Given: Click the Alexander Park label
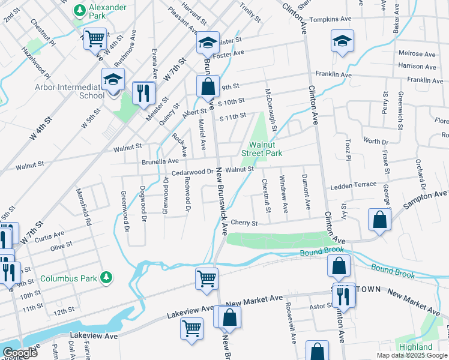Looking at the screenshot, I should [x=107, y=7].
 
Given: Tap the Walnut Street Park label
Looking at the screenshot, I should [x=262, y=148].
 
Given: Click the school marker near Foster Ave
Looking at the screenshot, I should [x=208, y=43].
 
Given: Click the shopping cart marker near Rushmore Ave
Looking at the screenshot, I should [x=95, y=39].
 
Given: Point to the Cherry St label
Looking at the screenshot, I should [x=244, y=223].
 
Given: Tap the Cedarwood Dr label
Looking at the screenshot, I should [x=192, y=172].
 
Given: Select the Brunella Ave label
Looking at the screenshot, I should [x=160, y=161].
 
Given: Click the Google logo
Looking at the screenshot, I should [x=20, y=352].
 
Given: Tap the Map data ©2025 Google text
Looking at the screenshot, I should [x=411, y=355].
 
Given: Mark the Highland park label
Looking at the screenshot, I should [x=415, y=347].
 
